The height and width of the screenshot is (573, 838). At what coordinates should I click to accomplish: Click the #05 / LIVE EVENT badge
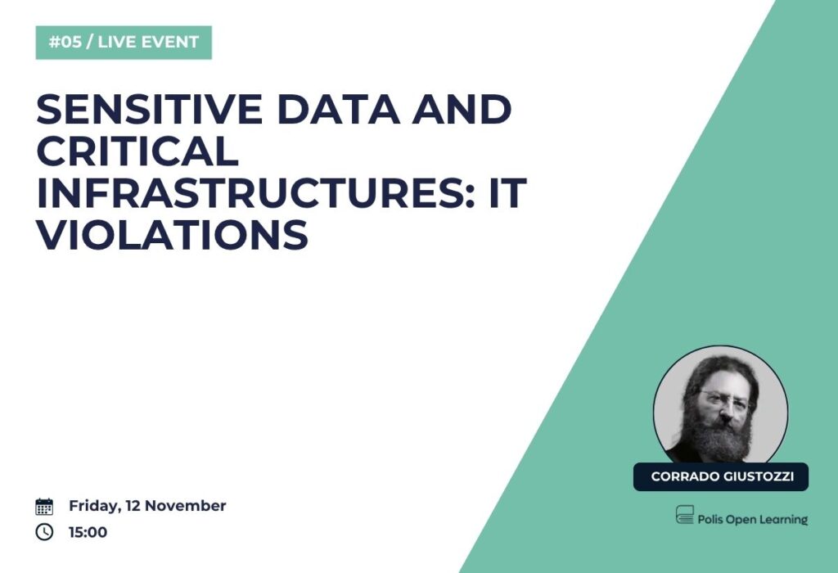click(x=124, y=43)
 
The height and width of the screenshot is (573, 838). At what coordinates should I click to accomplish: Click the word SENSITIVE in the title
click(x=150, y=109)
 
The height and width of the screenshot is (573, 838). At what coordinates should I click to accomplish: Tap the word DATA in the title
click(x=338, y=109)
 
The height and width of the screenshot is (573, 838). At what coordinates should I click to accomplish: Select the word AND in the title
click(x=462, y=109)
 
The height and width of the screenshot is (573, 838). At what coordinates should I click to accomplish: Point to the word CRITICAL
click(x=137, y=151)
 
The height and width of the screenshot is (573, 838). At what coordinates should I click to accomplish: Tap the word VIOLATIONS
click(x=172, y=234)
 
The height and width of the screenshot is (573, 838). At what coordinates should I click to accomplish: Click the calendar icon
click(x=44, y=506)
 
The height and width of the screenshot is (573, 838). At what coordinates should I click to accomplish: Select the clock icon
click(x=44, y=532)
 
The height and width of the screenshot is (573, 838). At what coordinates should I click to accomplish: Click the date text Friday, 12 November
click(x=147, y=506)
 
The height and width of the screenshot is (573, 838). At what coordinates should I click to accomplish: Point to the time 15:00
click(x=88, y=532)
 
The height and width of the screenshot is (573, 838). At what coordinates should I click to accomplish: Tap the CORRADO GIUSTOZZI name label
click(x=721, y=476)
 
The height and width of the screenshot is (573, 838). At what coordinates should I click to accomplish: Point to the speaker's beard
click(x=717, y=435)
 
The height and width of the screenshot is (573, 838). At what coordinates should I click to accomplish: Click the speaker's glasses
click(x=723, y=399)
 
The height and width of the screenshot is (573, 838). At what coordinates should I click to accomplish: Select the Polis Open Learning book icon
click(x=685, y=515)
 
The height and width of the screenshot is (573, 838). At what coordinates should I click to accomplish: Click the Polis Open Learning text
click(x=753, y=519)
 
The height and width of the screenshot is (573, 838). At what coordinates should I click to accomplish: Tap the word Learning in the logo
click(x=785, y=520)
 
